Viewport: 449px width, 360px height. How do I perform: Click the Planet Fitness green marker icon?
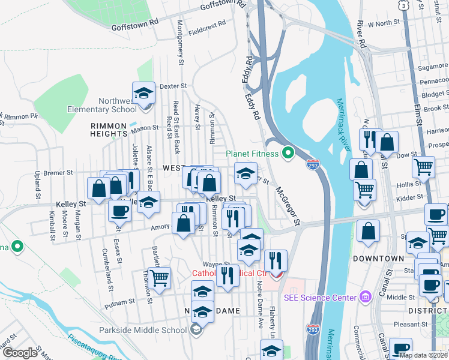(x=288, y=154)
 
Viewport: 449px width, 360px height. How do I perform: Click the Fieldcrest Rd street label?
(x=206, y=28)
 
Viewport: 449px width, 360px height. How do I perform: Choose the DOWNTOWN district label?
(x=378, y=259)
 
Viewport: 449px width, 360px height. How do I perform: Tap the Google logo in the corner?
(x=20, y=353)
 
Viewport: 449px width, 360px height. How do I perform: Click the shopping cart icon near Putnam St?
(x=159, y=278)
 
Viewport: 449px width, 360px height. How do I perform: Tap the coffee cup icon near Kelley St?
(x=119, y=211)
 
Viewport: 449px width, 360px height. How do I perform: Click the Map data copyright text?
(x=423, y=355)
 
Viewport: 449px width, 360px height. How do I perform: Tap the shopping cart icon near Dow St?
(x=423, y=167)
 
